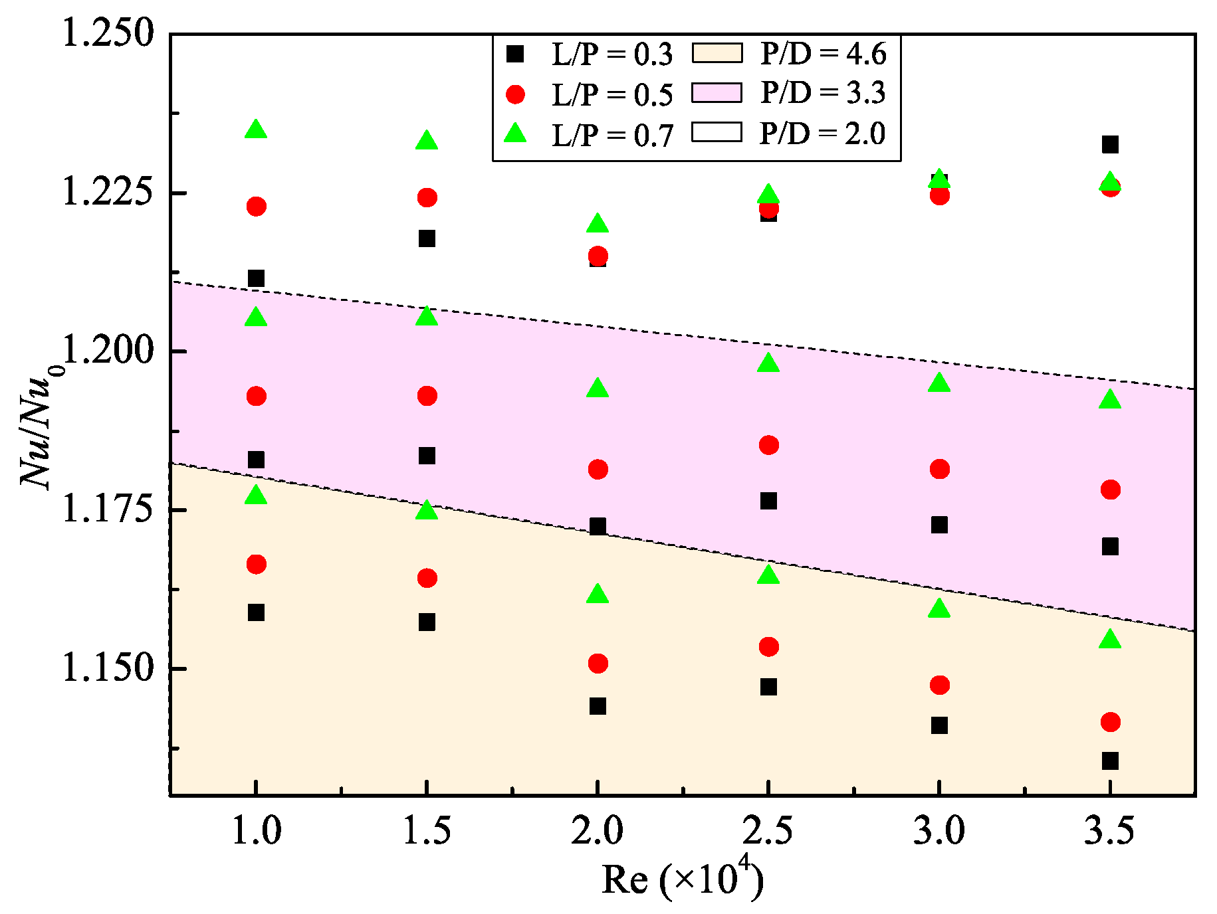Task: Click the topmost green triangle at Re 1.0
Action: (256, 130)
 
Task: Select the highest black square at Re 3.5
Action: (1110, 144)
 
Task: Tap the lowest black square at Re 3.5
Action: (1110, 761)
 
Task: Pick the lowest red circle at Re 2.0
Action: (598, 663)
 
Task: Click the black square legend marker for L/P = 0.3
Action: (515, 54)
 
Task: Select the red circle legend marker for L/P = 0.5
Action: (515, 94)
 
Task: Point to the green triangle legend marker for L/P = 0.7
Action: (515, 134)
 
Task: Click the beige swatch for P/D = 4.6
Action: (717, 53)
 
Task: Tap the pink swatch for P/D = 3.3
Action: (717, 93)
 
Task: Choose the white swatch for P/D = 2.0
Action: (717, 132)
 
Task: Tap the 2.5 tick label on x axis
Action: (768, 831)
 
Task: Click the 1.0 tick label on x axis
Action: (256, 831)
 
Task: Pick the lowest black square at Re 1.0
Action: (256, 612)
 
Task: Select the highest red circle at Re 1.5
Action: (427, 197)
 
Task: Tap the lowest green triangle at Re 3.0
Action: (939, 608)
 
